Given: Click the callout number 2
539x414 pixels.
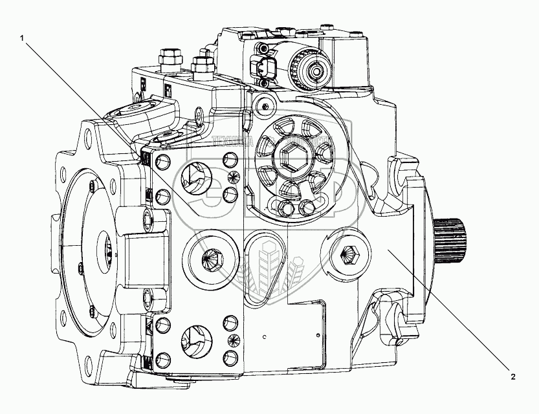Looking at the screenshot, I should pyautogui.click(x=512, y=376).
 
